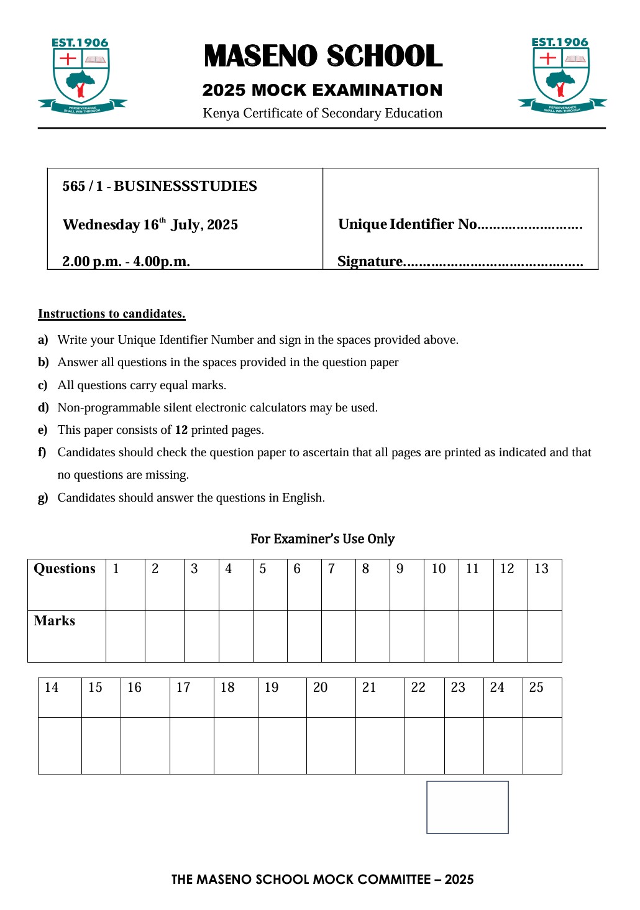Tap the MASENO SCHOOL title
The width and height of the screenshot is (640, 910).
[322, 56]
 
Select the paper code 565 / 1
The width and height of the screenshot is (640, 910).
[82, 186]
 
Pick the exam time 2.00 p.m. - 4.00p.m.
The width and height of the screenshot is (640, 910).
[126, 262]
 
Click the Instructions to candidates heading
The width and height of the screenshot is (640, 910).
[112, 314]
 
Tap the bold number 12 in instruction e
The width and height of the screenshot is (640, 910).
[181, 430]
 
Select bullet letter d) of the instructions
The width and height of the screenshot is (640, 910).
[43, 408]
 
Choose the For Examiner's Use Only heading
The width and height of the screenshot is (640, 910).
[322, 539]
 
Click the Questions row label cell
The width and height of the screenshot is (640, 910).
[66, 584]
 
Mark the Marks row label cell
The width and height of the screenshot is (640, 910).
[66, 636]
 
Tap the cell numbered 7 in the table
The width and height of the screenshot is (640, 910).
[338, 584]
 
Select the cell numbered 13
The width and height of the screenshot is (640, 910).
[544, 584]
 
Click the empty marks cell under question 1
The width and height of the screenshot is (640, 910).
[126, 636]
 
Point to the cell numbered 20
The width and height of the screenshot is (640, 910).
[331, 697]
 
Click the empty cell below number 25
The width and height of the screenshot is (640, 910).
[542, 745]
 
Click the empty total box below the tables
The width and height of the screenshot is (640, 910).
[467, 807]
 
